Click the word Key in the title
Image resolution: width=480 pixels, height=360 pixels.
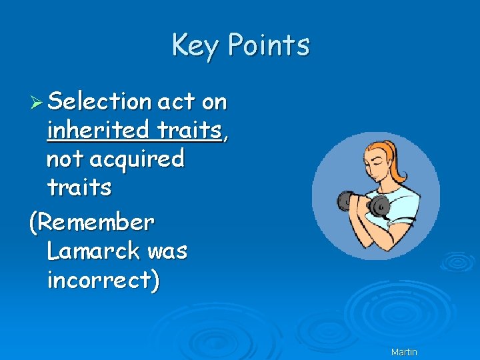tap(194, 45)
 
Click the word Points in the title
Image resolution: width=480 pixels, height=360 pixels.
tap(268, 45)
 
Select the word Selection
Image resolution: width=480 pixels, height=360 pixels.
tap(99, 101)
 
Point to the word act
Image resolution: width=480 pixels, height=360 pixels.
tap(175, 101)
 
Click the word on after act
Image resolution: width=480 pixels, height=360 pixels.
tap(214, 102)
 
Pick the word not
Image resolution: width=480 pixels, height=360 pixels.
tap(64, 159)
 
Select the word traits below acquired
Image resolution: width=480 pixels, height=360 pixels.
tap(79, 187)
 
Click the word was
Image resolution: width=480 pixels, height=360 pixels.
tap(167, 251)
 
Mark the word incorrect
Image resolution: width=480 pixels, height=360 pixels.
tap(100, 281)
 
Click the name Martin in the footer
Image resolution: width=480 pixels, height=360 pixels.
tap(404, 351)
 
